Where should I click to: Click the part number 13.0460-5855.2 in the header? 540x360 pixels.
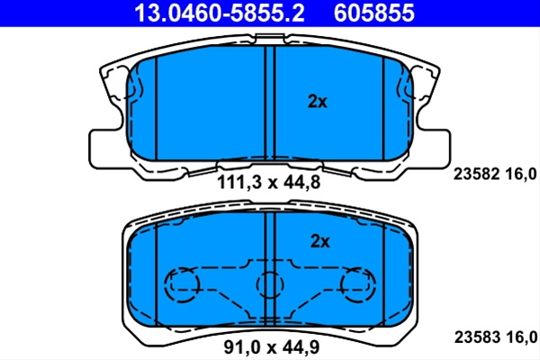pyautogui.click(x=220, y=13)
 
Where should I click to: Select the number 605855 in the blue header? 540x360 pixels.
pyautogui.click(x=374, y=13)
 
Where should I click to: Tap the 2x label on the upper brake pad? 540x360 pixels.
pyautogui.click(x=317, y=102)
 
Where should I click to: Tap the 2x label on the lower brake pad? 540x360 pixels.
pyautogui.click(x=319, y=241)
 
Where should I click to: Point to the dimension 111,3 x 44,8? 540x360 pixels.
pyautogui.click(x=268, y=182)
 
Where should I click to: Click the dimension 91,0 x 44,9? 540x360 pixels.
pyautogui.click(x=272, y=346)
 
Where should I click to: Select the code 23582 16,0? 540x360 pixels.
pyautogui.click(x=495, y=174)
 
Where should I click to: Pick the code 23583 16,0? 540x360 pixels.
pyautogui.click(x=496, y=337)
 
